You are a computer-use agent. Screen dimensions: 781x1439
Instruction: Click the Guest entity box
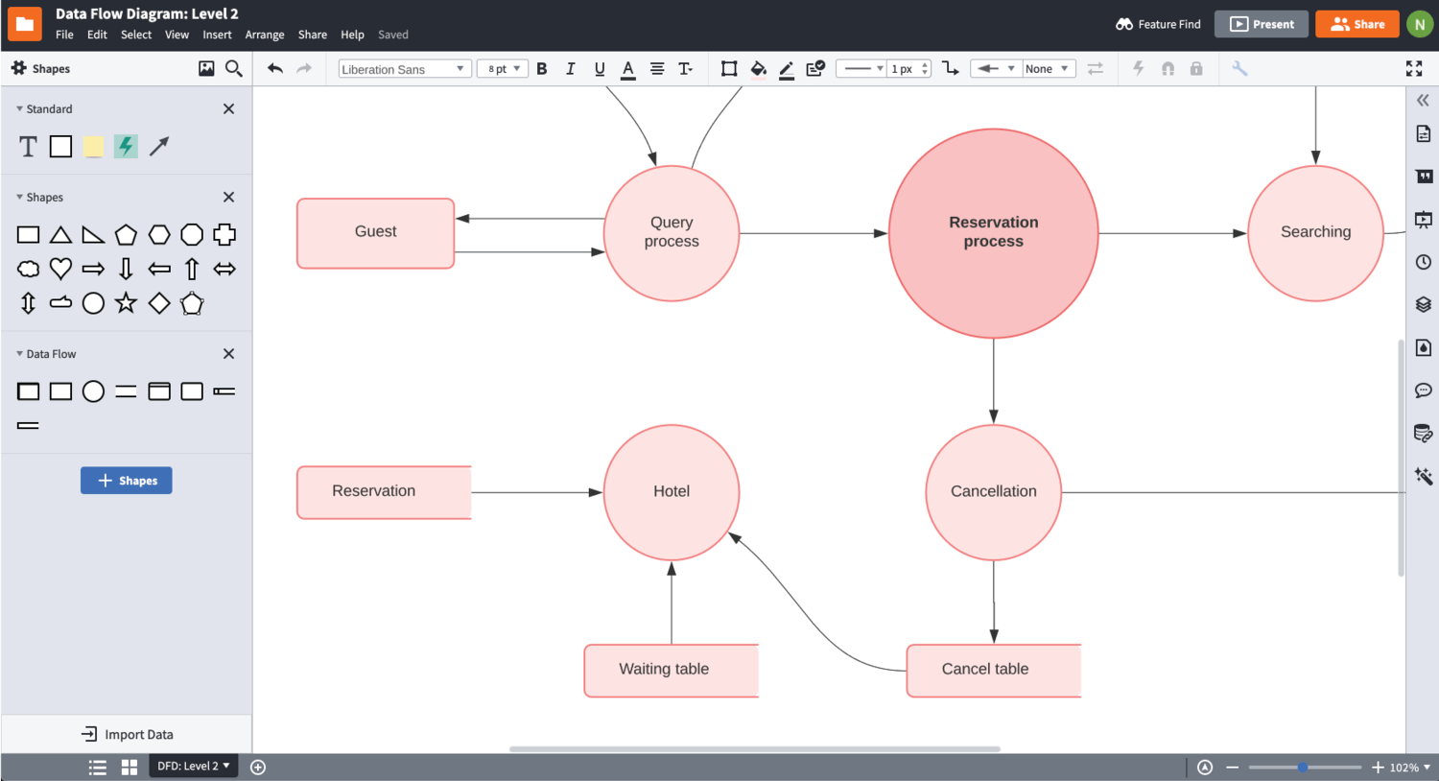click(x=375, y=233)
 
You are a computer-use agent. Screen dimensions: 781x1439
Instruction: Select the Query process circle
click(x=672, y=233)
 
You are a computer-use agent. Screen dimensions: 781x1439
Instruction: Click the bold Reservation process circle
click(x=993, y=233)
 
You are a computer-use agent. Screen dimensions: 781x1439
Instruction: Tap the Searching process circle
click(x=1315, y=233)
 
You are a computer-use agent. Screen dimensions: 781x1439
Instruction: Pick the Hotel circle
click(x=672, y=492)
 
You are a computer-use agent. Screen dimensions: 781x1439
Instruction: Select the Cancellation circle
click(x=993, y=492)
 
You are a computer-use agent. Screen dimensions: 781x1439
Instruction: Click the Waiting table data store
click(x=671, y=670)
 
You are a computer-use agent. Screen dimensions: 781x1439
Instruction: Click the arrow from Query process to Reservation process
click(x=814, y=233)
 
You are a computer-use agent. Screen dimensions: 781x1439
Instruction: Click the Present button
click(x=1262, y=24)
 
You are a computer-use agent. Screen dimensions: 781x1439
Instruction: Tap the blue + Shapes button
click(x=126, y=481)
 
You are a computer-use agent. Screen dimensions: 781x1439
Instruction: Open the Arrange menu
click(x=265, y=35)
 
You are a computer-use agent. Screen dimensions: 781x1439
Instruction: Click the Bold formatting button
click(x=542, y=69)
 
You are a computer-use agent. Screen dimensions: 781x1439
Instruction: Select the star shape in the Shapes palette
click(x=126, y=303)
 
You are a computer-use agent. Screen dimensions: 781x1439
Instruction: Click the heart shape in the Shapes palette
click(x=60, y=269)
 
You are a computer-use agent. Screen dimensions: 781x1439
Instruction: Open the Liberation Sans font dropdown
click(x=403, y=69)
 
